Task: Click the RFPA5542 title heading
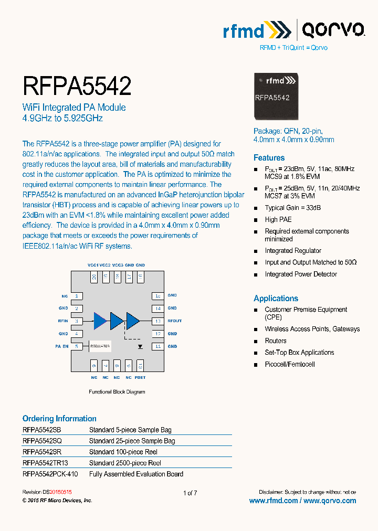pyautogui.click(x=77, y=86)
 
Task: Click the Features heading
pyautogui.click(x=269, y=157)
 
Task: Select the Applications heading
pyautogui.click(x=276, y=298)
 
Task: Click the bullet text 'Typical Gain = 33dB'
pyautogui.click(x=292, y=208)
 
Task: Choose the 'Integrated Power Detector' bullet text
pyautogui.click(x=301, y=274)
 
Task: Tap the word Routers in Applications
pyautogui.click(x=276, y=341)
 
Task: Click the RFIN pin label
pyautogui.click(x=63, y=321)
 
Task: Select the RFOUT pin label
pyautogui.click(x=174, y=321)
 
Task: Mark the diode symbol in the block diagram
pyautogui.click(x=140, y=346)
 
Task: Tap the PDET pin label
pyautogui.click(x=140, y=377)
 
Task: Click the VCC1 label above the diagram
pyautogui.click(x=93, y=265)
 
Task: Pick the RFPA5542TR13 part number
pyautogui.click(x=45, y=463)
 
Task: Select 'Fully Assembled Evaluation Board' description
pyautogui.click(x=136, y=474)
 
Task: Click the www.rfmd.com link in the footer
pyautogui.click(x=273, y=501)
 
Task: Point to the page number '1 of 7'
pyautogui.click(x=190, y=493)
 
